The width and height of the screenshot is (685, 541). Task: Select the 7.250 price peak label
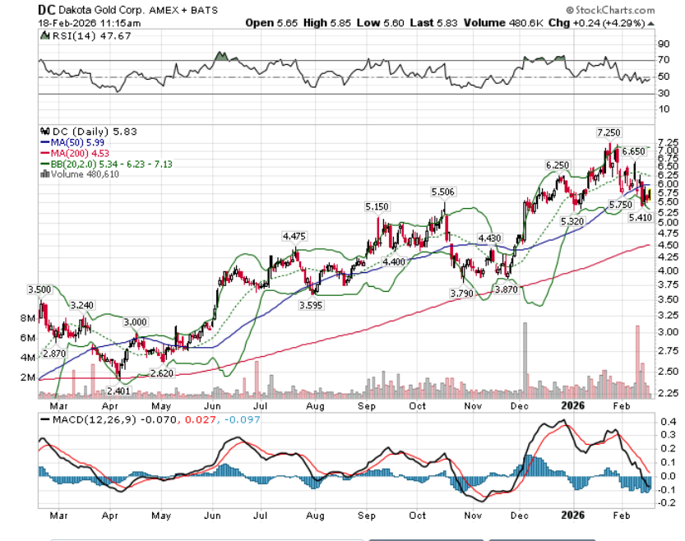click(x=608, y=132)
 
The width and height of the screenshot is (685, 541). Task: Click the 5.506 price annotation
click(x=443, y=192)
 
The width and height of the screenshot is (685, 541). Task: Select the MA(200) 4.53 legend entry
click(x=76, y=151)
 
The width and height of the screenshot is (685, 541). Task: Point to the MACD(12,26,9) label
click(x=84, y=420)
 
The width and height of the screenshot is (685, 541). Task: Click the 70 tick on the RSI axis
click(x=662, y=60)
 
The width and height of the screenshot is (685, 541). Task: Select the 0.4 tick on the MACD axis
click(x=664, y=422)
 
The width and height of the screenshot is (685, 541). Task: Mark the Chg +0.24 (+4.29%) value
click(x=608, y=23)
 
